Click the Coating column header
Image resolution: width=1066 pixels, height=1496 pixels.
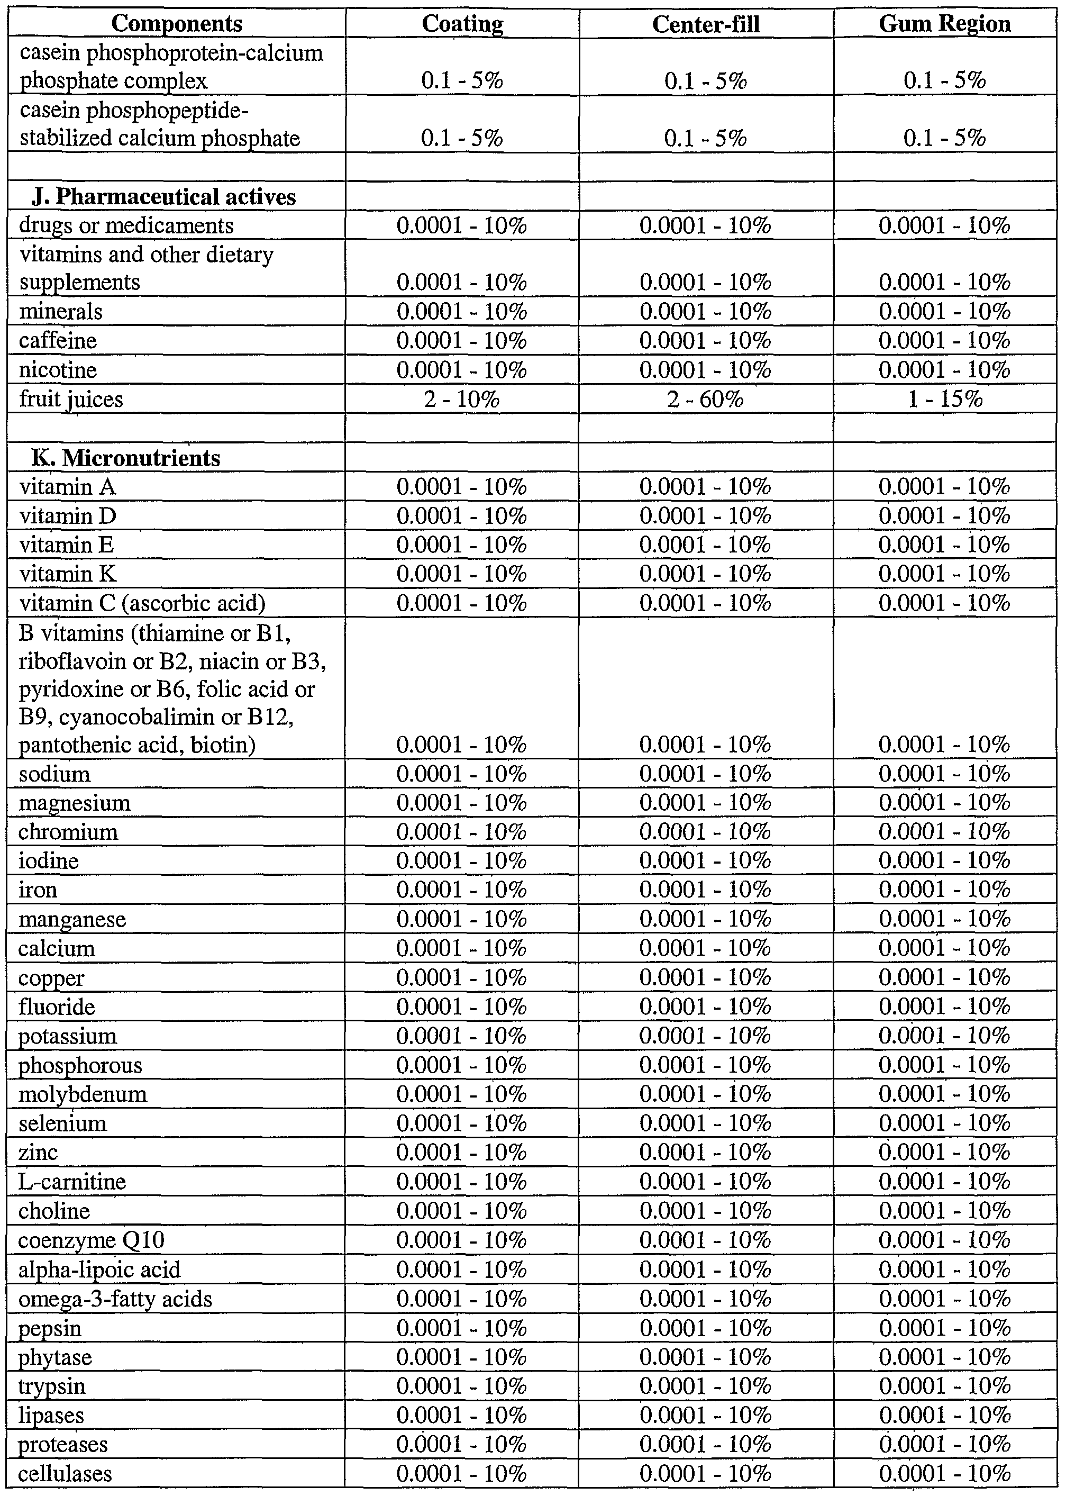tap(462, 24)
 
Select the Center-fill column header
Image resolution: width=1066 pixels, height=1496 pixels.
tap(706, 24)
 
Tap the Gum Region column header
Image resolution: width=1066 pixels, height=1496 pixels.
tap(944, 24)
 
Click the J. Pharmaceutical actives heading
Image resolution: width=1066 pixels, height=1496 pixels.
tap(163, 197)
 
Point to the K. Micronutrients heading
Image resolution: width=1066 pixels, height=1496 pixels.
tap(125, 458)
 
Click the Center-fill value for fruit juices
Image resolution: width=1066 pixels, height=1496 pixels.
tap(705, 399)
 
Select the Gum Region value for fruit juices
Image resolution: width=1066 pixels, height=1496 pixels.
tap(944, 399)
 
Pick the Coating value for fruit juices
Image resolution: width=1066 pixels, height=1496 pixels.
tap(461, 399)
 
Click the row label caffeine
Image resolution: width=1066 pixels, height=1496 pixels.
tap(58, 341)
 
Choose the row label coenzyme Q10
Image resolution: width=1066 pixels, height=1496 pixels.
tap(91, 1240)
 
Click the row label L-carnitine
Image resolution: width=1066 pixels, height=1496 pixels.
tap(72, 1182)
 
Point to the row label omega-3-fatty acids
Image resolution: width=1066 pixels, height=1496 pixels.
tap(115, 1299)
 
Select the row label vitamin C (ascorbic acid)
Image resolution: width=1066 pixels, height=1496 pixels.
tap(142, 603)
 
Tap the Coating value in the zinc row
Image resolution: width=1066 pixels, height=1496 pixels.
tap(461, 1153)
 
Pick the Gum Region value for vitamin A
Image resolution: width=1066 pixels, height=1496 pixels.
tap(944, 487)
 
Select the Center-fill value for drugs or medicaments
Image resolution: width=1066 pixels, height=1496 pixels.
tap(705, 226)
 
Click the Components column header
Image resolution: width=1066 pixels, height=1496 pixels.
tap(177, 24)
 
